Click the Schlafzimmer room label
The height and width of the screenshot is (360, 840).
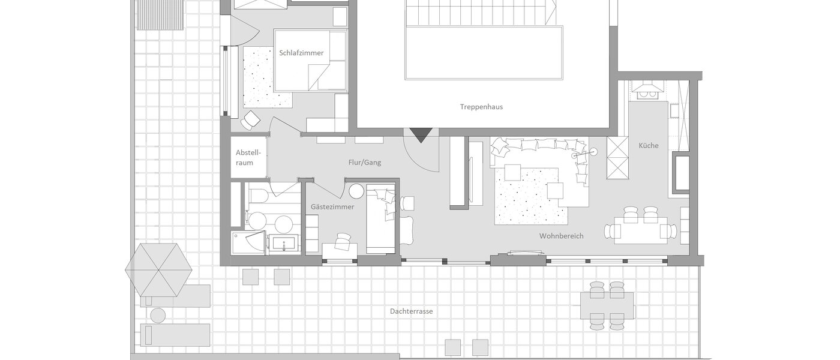(x=301, y=53)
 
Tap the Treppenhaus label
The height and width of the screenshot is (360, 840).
(x=481, y=107)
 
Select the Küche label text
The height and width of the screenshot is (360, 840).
(x=649, y=145)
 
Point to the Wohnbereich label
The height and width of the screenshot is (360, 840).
(x=561, y=236)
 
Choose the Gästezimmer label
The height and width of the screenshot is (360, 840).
(x=332, y=207)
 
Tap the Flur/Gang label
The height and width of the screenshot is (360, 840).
(x=365, y=163)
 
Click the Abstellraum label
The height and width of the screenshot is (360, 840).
(x=245, y=158)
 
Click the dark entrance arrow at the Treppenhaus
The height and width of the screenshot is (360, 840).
(x=419, y=135)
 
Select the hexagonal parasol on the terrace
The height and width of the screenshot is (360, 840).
(x=159, y=269)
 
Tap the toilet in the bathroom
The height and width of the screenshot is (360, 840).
(x=258, y=195)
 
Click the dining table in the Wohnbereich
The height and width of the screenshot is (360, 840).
(x=636, y=230)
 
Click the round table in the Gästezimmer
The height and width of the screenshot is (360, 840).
(x=356, y=192)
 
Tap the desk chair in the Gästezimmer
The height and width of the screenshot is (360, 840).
(x=343, y=241)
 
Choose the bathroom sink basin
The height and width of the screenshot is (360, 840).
(x=282, y=244)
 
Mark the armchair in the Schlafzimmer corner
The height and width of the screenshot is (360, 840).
(x=251, y=120)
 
